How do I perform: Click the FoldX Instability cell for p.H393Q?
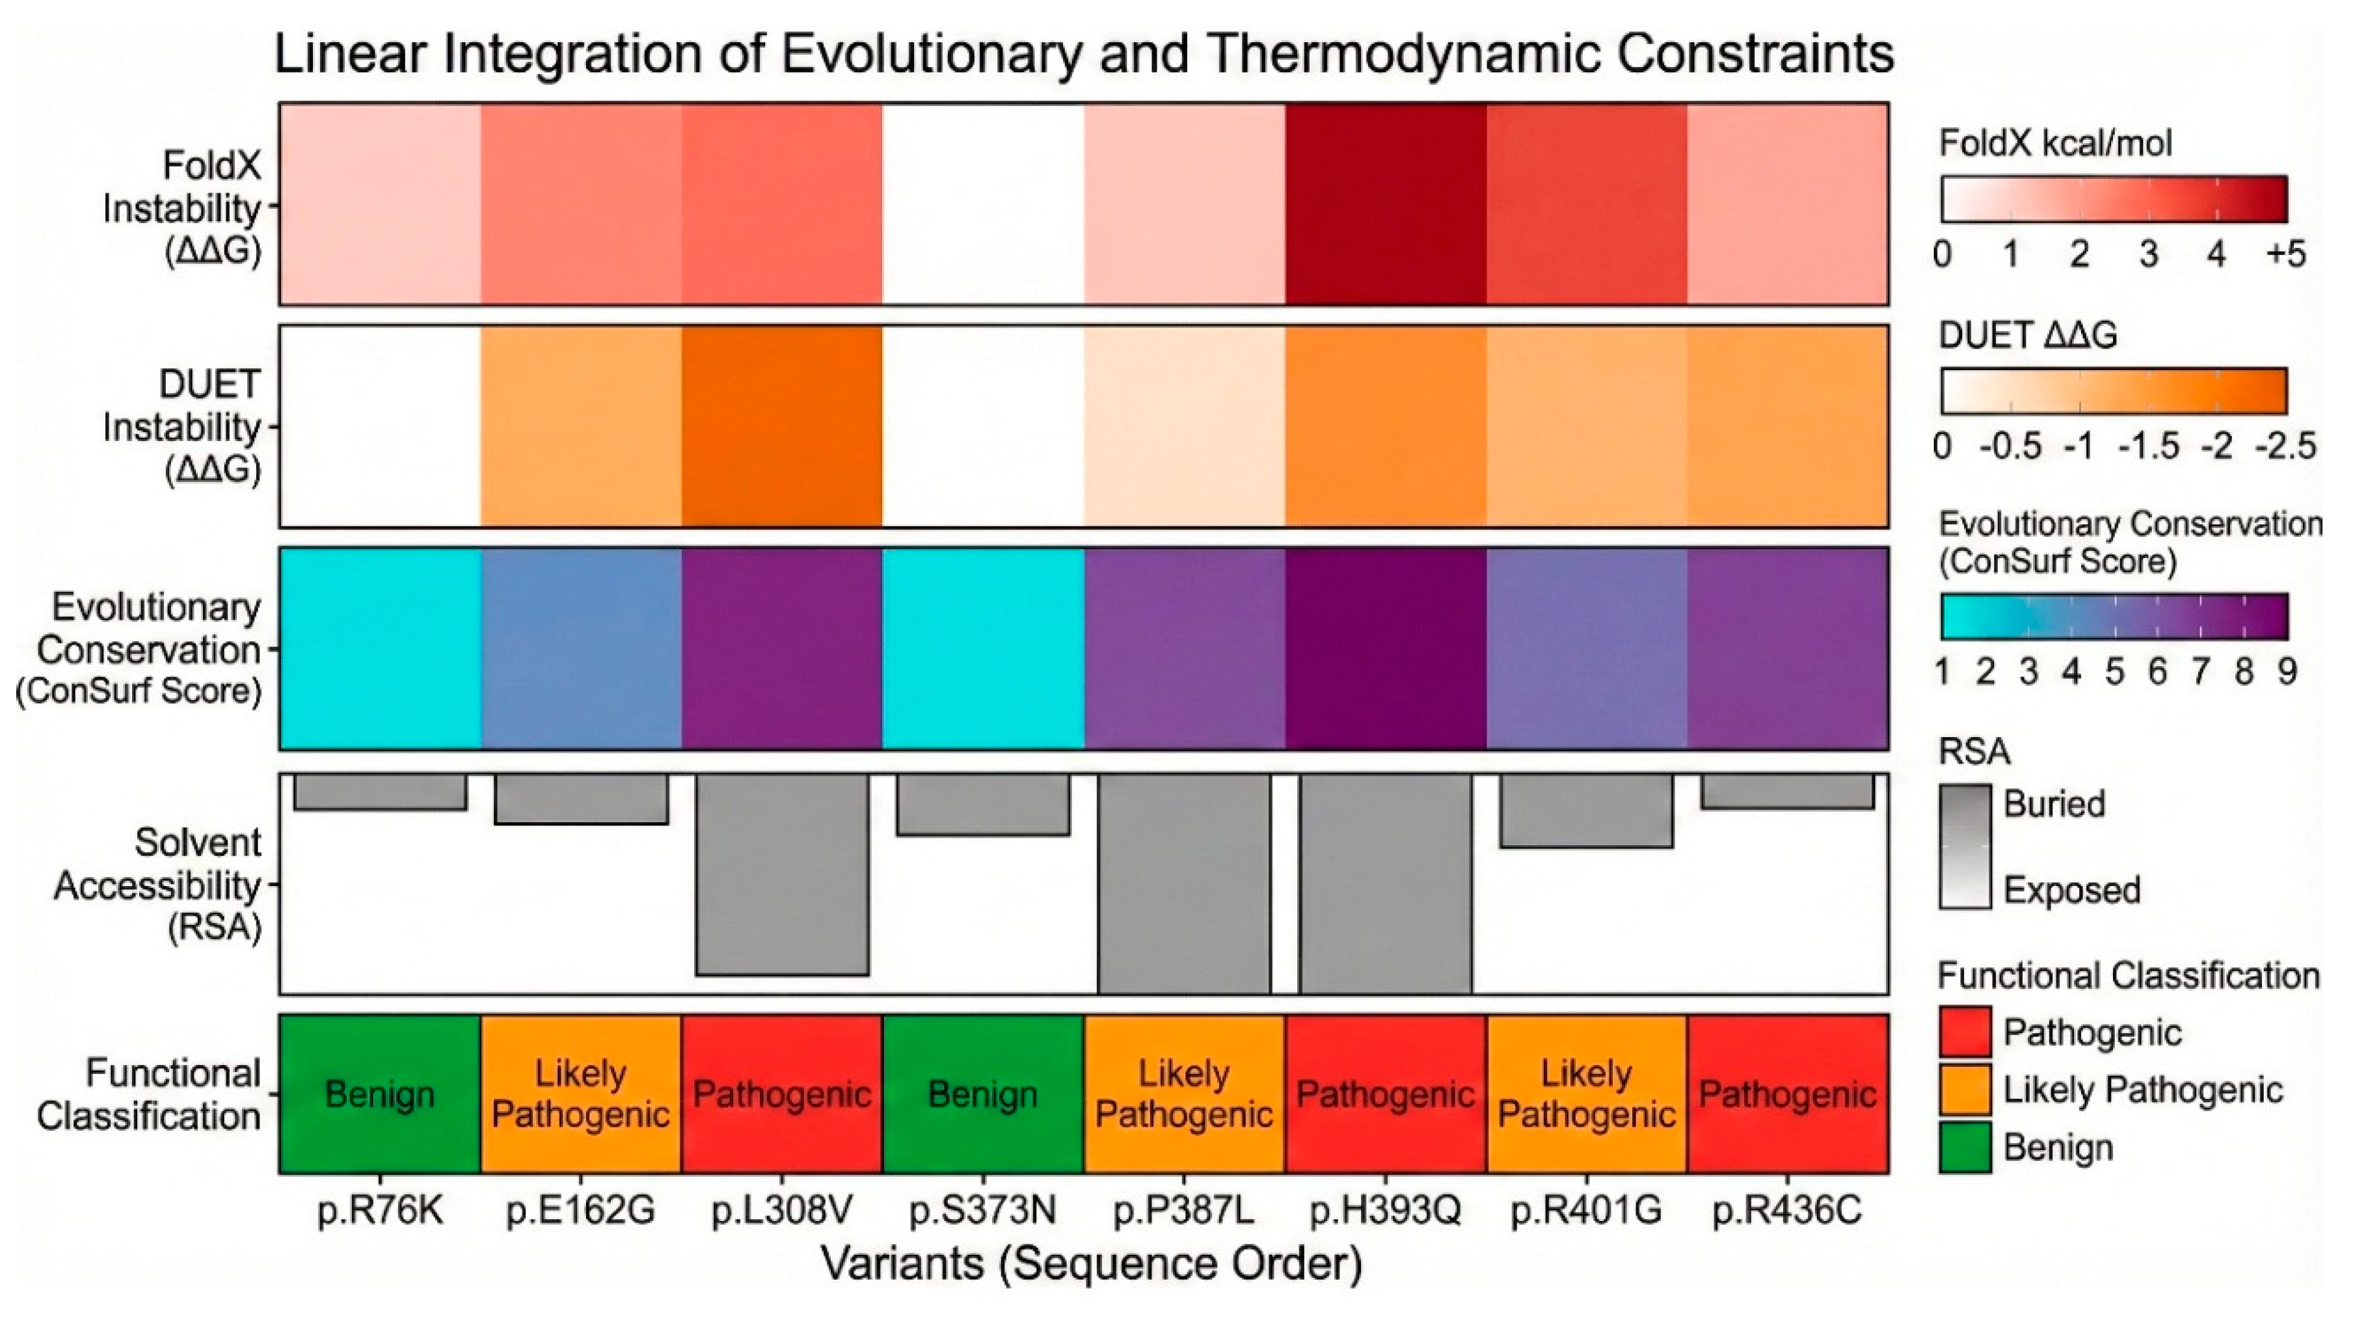point(1385,203)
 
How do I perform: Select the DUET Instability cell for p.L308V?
point(782,426)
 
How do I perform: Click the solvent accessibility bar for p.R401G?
point(1586,811)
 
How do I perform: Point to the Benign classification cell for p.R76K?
point(379,1093)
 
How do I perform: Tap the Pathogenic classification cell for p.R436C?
point(1787,1093)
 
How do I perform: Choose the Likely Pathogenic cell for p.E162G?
point(580,1093)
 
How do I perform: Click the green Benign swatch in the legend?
point(1965,1147)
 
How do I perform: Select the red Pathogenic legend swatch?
point(1965,1032)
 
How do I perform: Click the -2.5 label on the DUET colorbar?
point(2285,447)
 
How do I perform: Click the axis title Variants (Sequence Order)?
point(1090,1265)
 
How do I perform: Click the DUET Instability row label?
point(183,427)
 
